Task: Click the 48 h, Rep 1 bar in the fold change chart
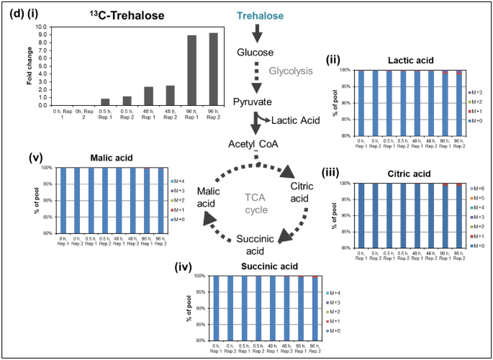pyautogui.click(x=148, y=96)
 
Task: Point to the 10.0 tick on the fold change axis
pyautogui.click(x=41, y=26)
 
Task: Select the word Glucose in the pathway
pyautogui.click(x=255, y=53)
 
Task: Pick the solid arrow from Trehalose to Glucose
pyautogui.click(x=257, y=33)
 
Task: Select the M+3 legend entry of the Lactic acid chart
pyautogui.click(x=476, y=93)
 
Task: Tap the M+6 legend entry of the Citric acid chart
pyautogui.click(x=476, y=186)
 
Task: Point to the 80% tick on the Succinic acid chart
pyautogui.click(x=204, y=341)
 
